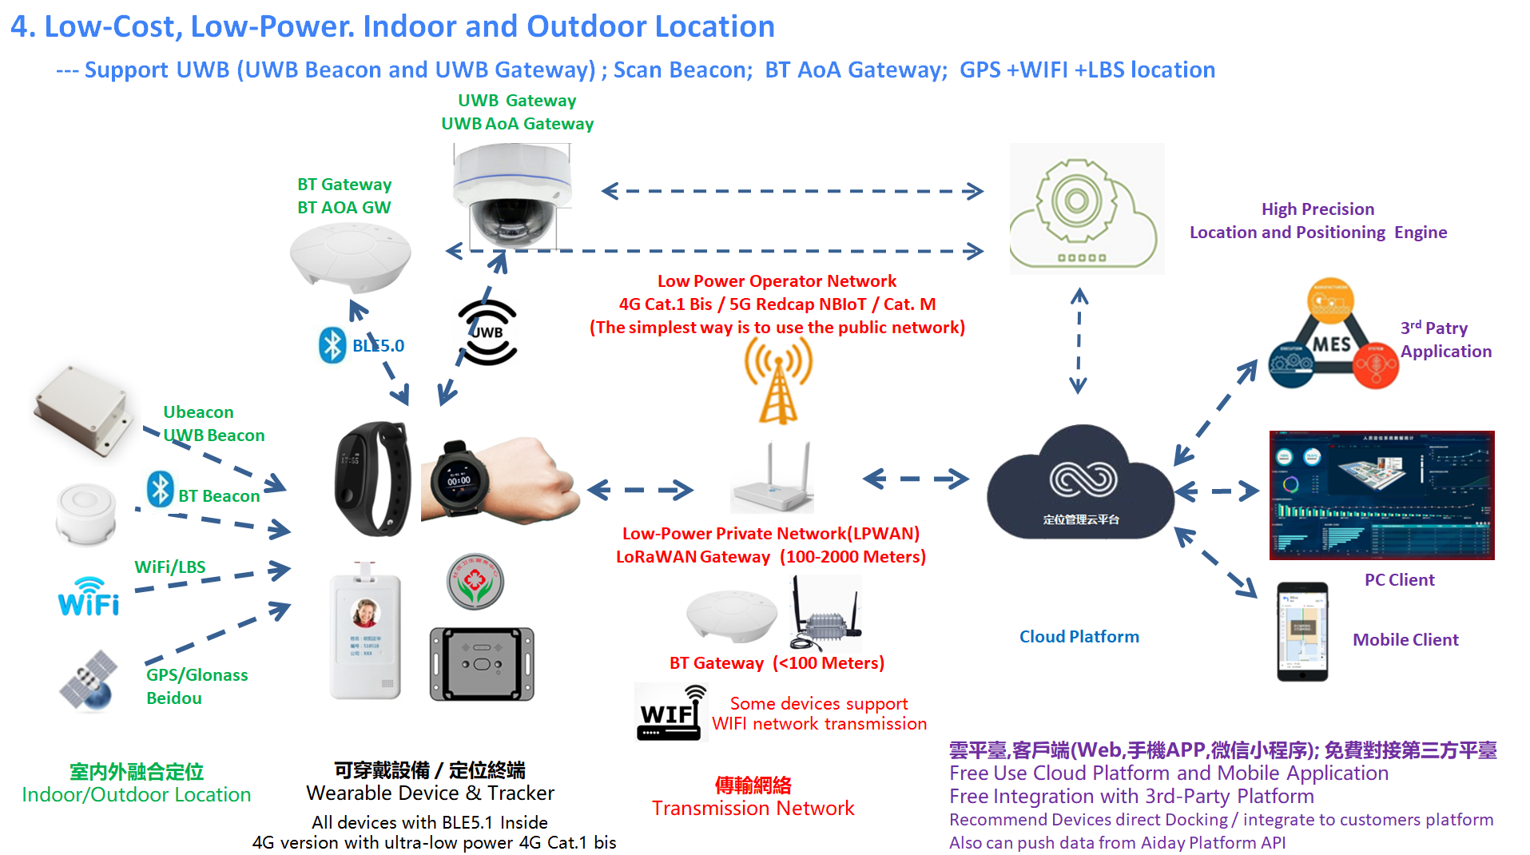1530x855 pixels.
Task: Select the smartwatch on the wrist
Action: pyautogui.click(x=459, y=480)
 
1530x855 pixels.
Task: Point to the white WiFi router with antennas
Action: pyautogui.click(x=772, y=480)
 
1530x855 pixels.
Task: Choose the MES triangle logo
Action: pyautogui.click(x=1331, y=336)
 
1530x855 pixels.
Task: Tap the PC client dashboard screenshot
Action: pyautogui.click(x=1381, y=495)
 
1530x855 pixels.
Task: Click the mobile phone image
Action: pyautogui.click(x=1302, y=631)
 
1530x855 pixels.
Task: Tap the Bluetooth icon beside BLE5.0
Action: pyautogui.click(x=332, y=345)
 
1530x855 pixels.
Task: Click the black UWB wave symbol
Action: pyautogui.click(x=487, y=332)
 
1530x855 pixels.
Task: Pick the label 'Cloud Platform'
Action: pyautogui.click(x=1079, y=637)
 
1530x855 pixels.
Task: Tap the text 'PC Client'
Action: pyautogui.click(x=1399, y=580)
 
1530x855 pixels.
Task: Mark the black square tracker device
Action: pyautogui.click(x=482, y=664)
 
